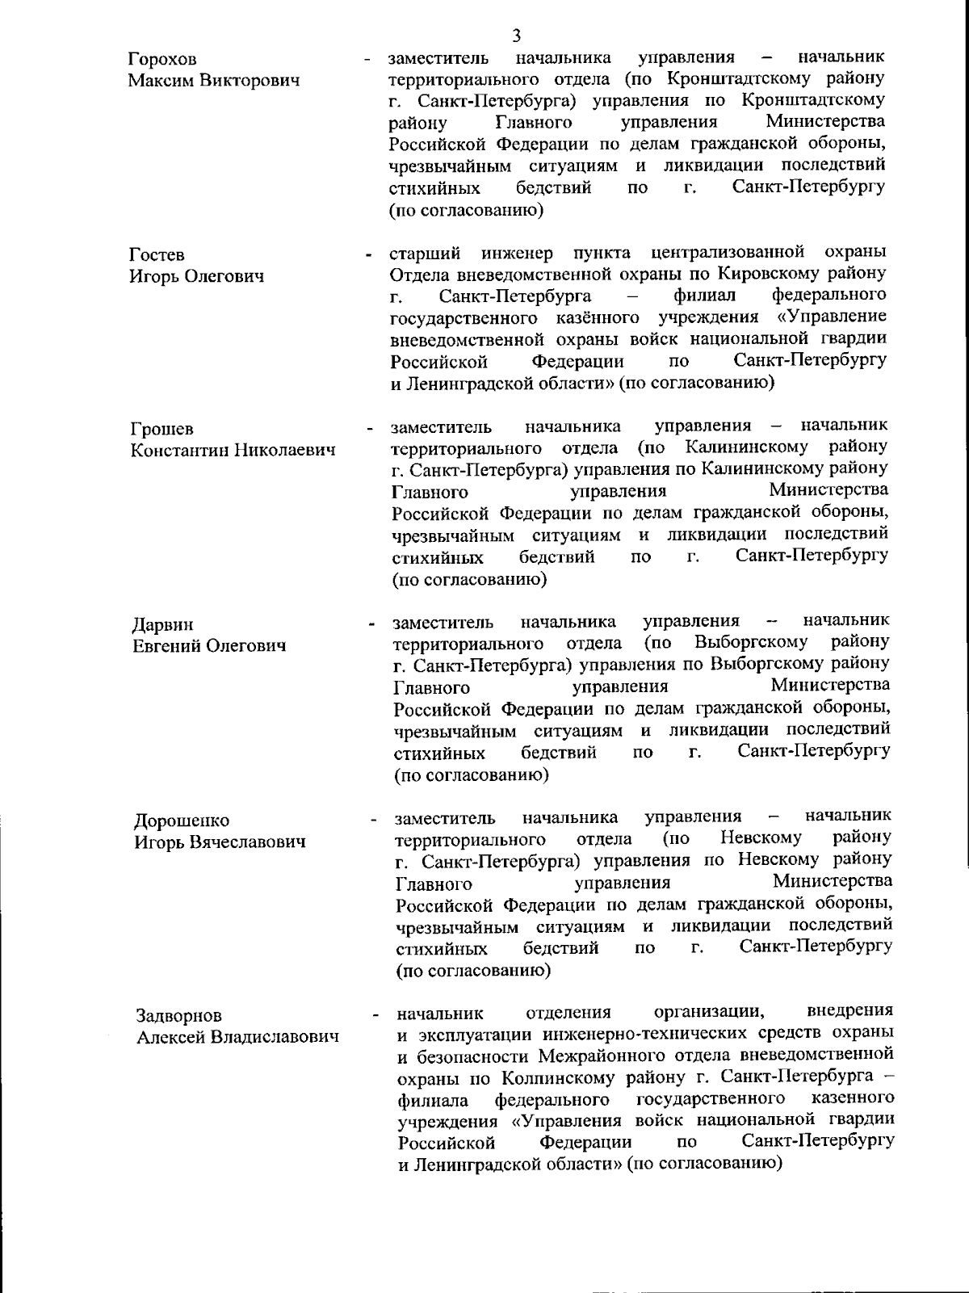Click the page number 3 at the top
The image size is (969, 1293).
pyautogui.click(x=517, y=36)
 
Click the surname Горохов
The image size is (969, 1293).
pyautogui.click(x=162, y=60)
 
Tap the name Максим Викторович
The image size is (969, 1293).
pyautogui.click(x=214, y=81)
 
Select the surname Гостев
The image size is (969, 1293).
pyautogui.click(x=157, y=255)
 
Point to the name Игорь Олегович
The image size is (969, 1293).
pyautogui.click(x=197, y=277)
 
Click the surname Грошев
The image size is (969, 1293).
pyautogui.click(x=162, y=429)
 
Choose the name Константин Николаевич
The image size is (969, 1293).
pyautogui.click(x=233, y=450)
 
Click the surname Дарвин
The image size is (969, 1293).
pyautogui.click(x=163, y=625)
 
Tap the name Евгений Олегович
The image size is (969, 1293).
pyautogui.click(x=209, y=646)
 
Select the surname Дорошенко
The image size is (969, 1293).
pyautogui.click(x=182, y=821)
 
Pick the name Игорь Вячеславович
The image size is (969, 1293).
pyautogui.click(x=220, y=842)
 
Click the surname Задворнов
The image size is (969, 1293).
pyautogui.click(x=178, y=1016)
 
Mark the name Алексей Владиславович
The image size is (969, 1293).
pyautogui.click(x=237, y=1037)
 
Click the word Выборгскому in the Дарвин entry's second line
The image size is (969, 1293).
pyautogui.click(x=750, y=643)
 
